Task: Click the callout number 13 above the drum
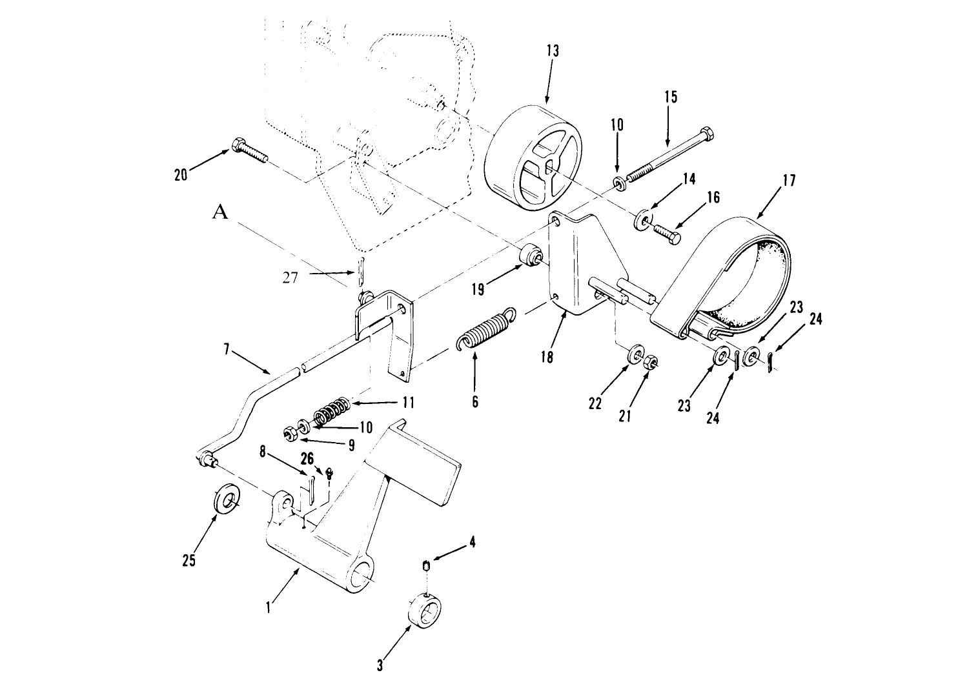[553, 51]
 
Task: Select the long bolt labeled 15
[671, 156]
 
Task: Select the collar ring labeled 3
[425, 612]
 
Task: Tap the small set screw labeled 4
[427, 567]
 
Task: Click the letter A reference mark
[220, 212]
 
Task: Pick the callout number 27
[290, 278]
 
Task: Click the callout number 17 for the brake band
[789, 181]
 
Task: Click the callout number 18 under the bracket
[547, 357]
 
